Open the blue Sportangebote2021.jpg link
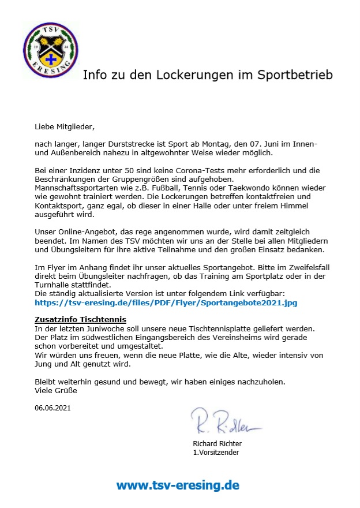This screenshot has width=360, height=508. [166, 302]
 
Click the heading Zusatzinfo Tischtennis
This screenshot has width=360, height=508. [80, 320]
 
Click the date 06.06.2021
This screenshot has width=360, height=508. [54, 408]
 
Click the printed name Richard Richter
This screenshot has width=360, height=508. [217, 443]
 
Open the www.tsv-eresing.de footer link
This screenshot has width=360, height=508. [178, 485]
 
